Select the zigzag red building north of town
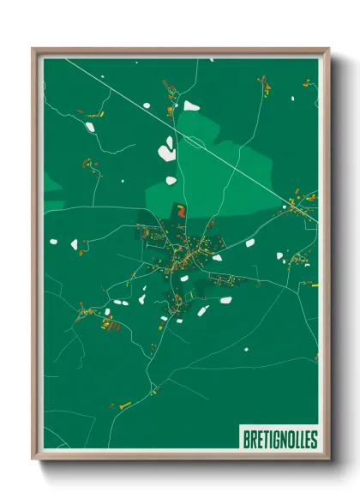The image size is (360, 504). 181,210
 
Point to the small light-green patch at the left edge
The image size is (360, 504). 52,183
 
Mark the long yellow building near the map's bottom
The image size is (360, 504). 125,404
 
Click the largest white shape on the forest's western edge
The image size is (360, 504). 165,153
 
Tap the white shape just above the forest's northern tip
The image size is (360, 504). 190,106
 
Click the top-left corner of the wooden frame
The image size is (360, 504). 35,51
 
